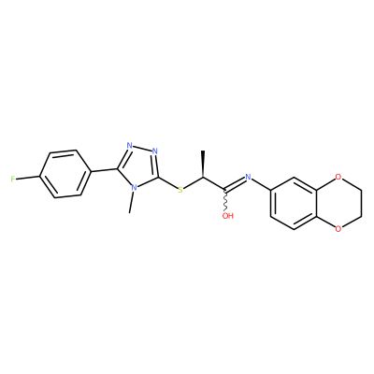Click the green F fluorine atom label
click(13, 179)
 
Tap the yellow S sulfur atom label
click(180, 190)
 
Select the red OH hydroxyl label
click(228, 216)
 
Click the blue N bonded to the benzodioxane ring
click(248, 177)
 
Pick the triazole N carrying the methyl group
click(134, 188)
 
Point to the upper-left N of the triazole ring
click(130, 146)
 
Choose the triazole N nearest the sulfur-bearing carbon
click(154, 151)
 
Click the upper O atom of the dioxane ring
click(338, 178)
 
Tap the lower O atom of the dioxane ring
click(338, 230)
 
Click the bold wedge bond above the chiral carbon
click(203, 165)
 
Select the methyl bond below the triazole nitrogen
click(132, 202)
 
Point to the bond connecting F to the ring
click(28, 178)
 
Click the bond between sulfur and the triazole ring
click(168, 183)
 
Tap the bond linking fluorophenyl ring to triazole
click(104, 170)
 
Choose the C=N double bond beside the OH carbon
click(235, 183)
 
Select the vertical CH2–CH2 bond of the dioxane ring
click(362, 202)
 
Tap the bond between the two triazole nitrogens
click(142, 149)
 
